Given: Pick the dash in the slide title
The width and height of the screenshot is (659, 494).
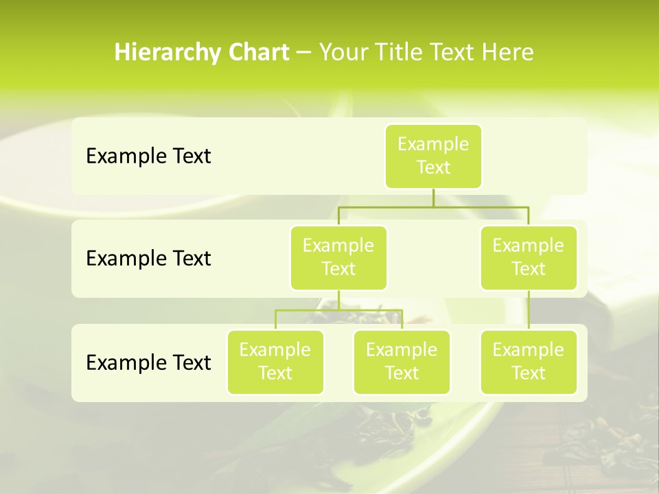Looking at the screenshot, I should click(304, 53).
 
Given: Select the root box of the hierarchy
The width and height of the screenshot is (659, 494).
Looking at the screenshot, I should click(433, 156).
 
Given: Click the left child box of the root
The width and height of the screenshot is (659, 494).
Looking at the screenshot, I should click(338, 257).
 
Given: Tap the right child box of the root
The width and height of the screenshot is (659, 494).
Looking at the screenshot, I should click(529, 257).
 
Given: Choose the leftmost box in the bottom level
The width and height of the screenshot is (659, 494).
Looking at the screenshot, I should click(275, 362).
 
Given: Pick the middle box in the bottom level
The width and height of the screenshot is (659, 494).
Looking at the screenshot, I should click(402, 362).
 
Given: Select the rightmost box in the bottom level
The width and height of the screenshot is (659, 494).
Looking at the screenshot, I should click(529, 362).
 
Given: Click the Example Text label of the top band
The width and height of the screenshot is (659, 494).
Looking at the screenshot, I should click(148, 156).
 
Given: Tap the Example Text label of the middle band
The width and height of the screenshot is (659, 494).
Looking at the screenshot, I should click(148, 259).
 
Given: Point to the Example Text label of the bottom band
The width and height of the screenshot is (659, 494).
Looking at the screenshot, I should click(148, 362).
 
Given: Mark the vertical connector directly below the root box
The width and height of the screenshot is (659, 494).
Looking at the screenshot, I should click(433, 198).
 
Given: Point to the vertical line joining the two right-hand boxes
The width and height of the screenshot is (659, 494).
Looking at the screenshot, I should click(529, 310).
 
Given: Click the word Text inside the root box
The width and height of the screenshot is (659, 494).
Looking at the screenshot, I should click(433, 167).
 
